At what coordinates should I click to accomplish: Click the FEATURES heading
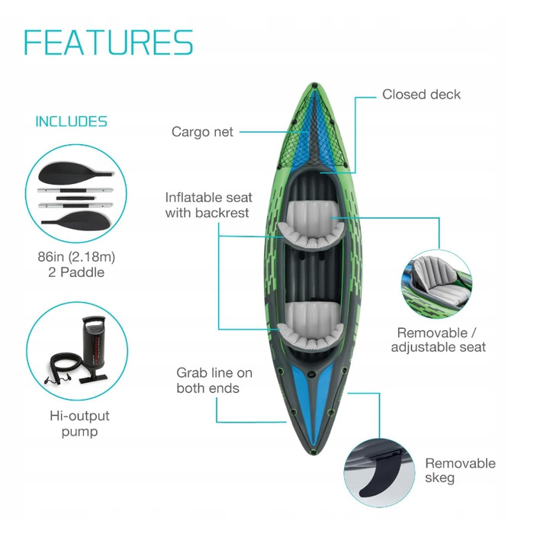pyautogui.click(x=108, y=42)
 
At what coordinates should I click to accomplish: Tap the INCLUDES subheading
pyautogui.click(x=71, y=121)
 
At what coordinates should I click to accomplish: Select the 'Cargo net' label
pyautogui.click(x=202, y=132)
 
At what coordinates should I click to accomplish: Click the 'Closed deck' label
pyautogui.click(x=421, y=95)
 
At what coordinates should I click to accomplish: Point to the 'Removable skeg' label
pyautogui.click(x=460, y=471)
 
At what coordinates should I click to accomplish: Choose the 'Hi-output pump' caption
pyautogui.click(x=79, y=423)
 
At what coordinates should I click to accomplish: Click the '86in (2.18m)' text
pyautogui.click(x=76, y=257)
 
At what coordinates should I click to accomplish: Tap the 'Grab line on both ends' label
pyautogui.click(x=214, y=381)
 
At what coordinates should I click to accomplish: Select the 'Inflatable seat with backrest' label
pyautogui.click(x=208, y=205)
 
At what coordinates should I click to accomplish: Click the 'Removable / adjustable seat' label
pyautogui.click(x=439, y=340)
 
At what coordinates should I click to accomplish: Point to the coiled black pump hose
pyautogui.click(x=65, y=366)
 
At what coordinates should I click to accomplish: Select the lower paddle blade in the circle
pyautogui.click(x=79, y=220)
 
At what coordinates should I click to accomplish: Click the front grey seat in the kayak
pyautogui.click(x=311, y=225)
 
